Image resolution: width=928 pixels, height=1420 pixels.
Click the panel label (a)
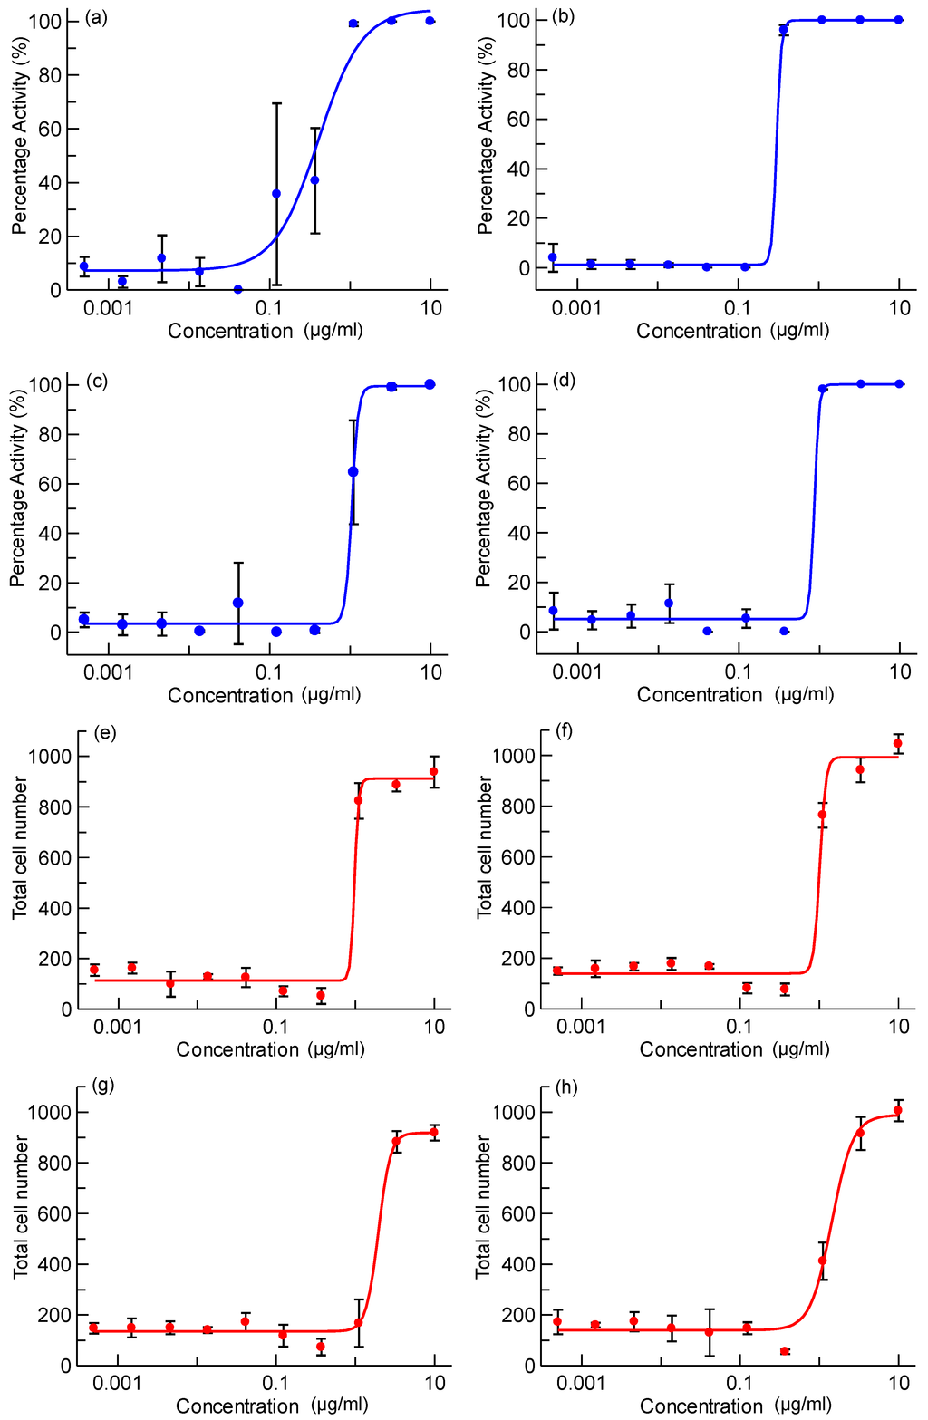pos(96,16)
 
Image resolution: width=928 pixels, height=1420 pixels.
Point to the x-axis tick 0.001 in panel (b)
pos(576,308)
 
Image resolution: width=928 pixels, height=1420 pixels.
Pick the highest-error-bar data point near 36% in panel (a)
pos(276,194)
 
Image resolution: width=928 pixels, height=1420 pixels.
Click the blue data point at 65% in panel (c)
pos(353,472)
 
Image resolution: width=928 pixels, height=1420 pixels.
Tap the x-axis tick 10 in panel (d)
pos(899,671)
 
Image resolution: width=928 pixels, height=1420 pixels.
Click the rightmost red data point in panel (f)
pos(898,744)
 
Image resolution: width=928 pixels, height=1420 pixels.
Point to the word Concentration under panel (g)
pos(237,1406)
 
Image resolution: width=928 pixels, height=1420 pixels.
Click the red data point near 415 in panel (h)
pos(823,1261)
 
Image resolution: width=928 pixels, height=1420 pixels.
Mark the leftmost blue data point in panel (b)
pos(553,257)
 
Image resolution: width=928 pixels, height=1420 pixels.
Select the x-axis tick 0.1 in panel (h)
pos(740,1383)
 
